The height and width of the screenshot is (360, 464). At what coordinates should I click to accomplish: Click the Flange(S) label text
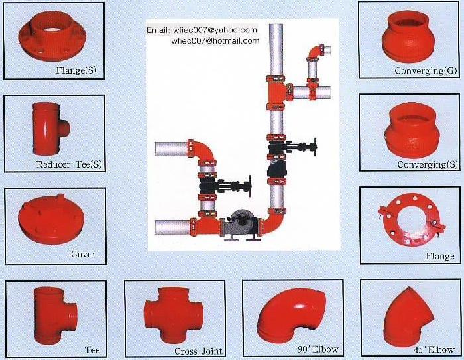[76, 70]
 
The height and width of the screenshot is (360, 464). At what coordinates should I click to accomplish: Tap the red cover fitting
[51, 219]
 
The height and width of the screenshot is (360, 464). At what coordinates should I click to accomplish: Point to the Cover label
[83, 254]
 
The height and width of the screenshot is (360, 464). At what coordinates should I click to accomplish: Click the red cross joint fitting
[174, 316]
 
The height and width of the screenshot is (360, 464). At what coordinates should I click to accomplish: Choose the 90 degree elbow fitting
[291, 315]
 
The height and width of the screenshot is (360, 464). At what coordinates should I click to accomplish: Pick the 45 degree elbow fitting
[408, 317]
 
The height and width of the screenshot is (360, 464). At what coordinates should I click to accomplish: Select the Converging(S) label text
[428, 164]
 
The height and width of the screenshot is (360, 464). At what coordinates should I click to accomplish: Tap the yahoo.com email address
[215, 30]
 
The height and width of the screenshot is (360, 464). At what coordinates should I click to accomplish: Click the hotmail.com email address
[215, 40]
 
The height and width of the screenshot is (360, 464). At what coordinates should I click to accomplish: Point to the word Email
[158, 30]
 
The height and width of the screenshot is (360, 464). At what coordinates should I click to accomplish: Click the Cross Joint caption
[198, 351]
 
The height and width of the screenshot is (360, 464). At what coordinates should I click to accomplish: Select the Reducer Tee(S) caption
[69, 164]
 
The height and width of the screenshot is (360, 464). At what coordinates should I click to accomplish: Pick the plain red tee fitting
[55, 316]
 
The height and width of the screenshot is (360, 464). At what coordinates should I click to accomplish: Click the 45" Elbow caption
[434, 349]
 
